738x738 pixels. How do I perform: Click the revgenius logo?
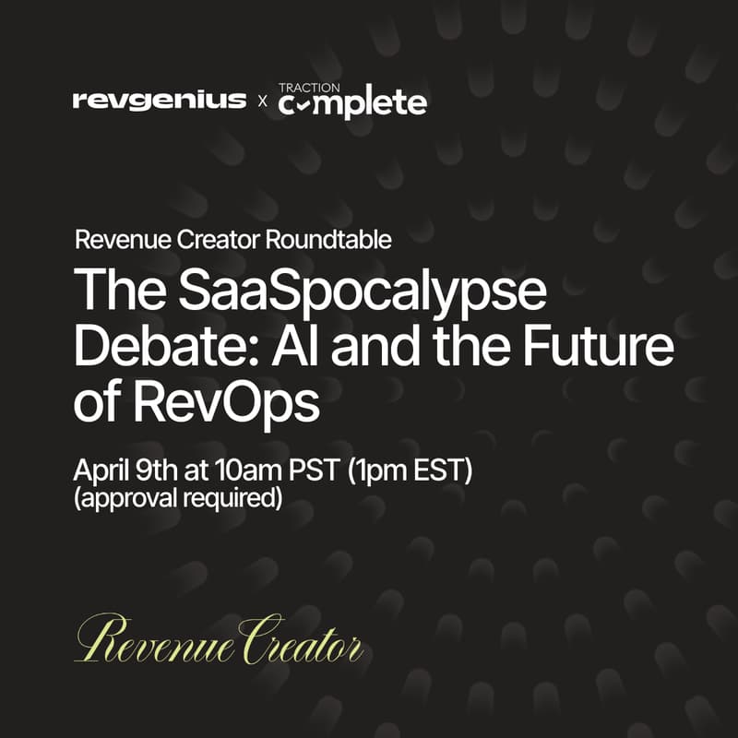click(x=160, y=100)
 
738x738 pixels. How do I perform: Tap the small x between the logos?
click(x=263, y=101)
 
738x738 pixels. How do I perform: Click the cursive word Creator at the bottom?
click(x=301, y=638)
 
